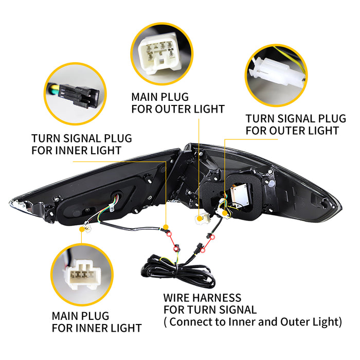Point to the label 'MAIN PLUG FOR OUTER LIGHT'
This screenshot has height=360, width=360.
[177, 102]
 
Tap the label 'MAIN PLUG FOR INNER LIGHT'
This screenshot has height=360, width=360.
[96, 321]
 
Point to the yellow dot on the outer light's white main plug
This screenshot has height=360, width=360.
[200, 218]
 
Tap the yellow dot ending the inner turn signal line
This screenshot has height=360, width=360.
[166, 226]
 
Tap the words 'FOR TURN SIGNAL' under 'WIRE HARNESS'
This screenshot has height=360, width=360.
[210, 310]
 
